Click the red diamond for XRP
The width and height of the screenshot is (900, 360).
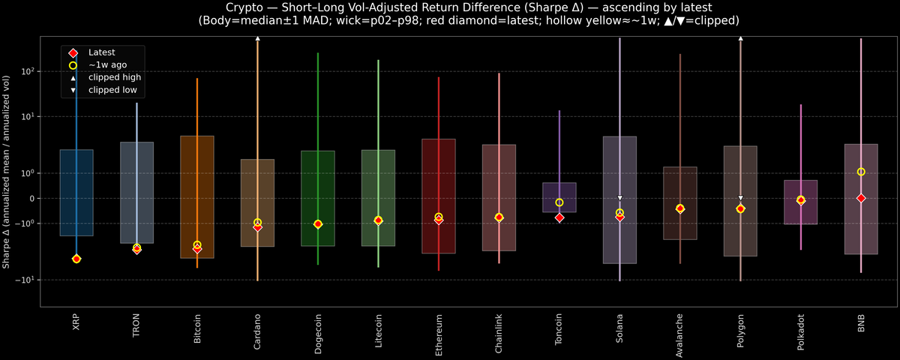tap(76, 259)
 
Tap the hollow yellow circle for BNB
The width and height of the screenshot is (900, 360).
tap(861, 172)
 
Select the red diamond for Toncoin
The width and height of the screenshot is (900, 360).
tap(559, 217)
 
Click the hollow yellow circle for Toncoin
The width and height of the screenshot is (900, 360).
tap(559, 202)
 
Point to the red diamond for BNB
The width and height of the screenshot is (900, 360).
tap(861, 198)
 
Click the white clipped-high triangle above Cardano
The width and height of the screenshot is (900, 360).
tap(257, 37)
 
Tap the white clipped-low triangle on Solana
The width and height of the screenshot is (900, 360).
tap(619, 198)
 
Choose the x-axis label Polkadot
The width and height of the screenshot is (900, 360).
tap(801, 331)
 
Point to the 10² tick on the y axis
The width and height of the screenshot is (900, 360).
tap(28, 72)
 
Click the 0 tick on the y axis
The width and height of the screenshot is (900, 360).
tap(31, 199)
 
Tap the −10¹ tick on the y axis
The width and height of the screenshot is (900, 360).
tap(25, 280)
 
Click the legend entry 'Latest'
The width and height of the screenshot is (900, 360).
tap(101, 52)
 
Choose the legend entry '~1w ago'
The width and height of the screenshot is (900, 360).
tap(107, 65)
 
